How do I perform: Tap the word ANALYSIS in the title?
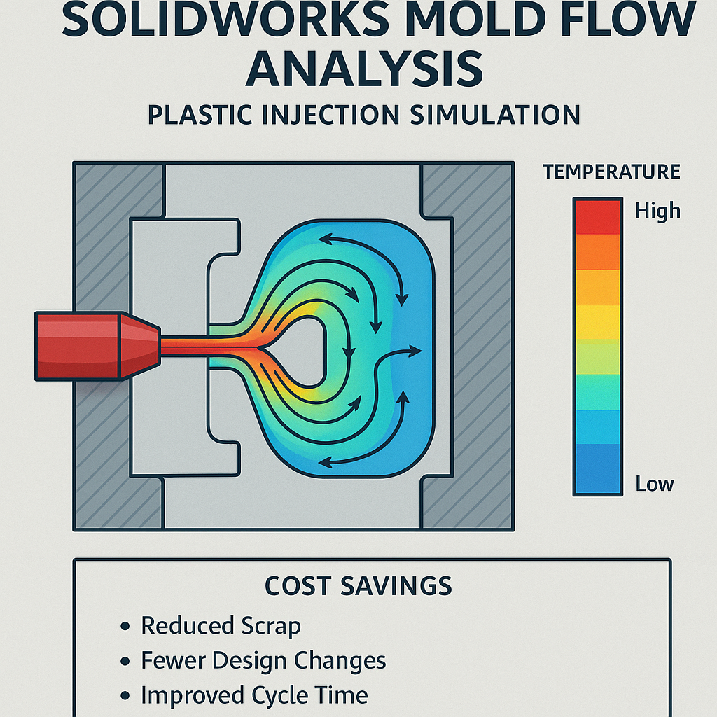pyautogui.click(x=365, y=70)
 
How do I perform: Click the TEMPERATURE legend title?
pyautogui.click(x=611, y=172)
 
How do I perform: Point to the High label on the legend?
pyautogui.click(x=657, y=210)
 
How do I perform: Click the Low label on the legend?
pyautogui.click(x=654, y=483)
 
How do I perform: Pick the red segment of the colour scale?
pyautogui.click(x=597, y=216)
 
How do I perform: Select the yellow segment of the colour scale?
pyautogui.click(x=597, y=322)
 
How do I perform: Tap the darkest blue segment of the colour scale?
pyautogui.click(x=597, y=469)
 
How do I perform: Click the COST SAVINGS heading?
pyautogui.click(x=358, y=587)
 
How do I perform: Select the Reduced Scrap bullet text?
pyautogui.click(x=221, y=625)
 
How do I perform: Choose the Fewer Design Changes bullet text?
pyautogui.click(x=263, y=660)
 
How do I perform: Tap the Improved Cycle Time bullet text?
pyautogui.click(x=254, y=695)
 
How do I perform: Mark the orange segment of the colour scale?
pyautogui.click(x=597, y=251)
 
